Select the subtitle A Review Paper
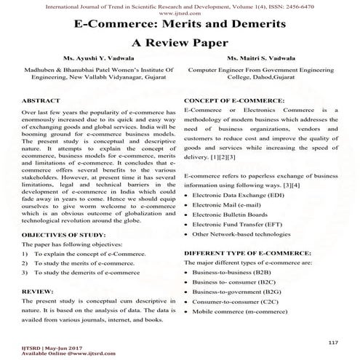click(180, 42)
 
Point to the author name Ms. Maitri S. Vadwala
click(268, 60)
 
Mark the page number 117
click(333, 341)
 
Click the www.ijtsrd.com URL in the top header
click(180, 12)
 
